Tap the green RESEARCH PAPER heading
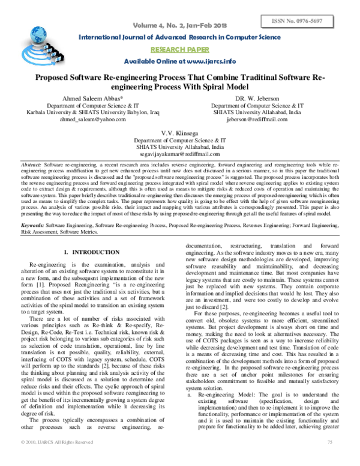179,50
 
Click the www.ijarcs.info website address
208,62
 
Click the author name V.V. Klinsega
179,132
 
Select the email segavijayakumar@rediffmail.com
179,154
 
